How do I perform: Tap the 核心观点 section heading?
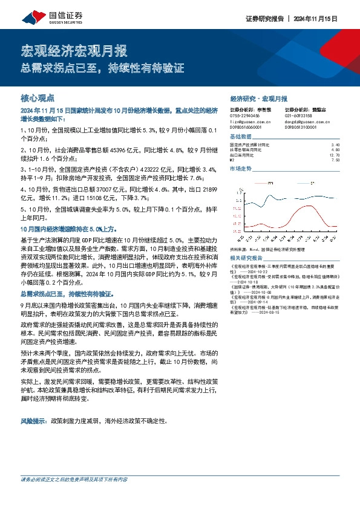[38, 97]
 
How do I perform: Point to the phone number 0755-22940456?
[244, 115]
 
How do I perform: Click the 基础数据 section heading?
[241, 137]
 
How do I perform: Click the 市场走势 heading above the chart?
[241, 169]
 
